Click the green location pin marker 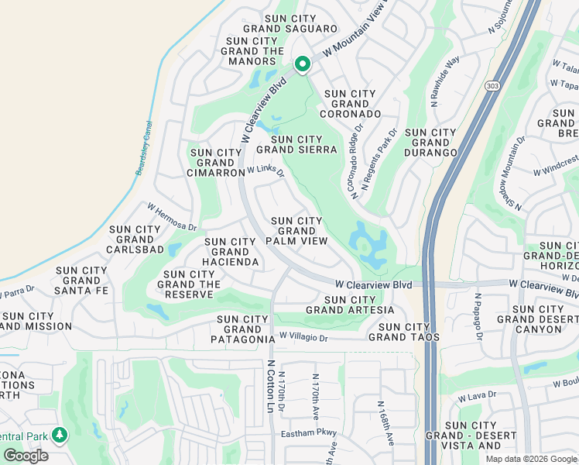[x=302, y=64]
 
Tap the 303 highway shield [x=493, y=84]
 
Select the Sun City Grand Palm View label [x=296, y=231]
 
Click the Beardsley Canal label [x=144, y=147]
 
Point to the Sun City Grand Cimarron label [x=216, y=163]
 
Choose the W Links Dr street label [x=266, y=170]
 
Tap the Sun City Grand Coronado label [x=351, y=104]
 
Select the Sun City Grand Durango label [x=431, y=143]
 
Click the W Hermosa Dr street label [x=173, y=217]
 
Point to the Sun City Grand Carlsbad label [x=136, y=239]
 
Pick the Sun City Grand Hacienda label [x=231, y=252]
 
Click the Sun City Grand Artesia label [x=350, y=305]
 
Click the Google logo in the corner [x=26, y=456]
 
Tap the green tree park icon [x=60, y=436]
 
